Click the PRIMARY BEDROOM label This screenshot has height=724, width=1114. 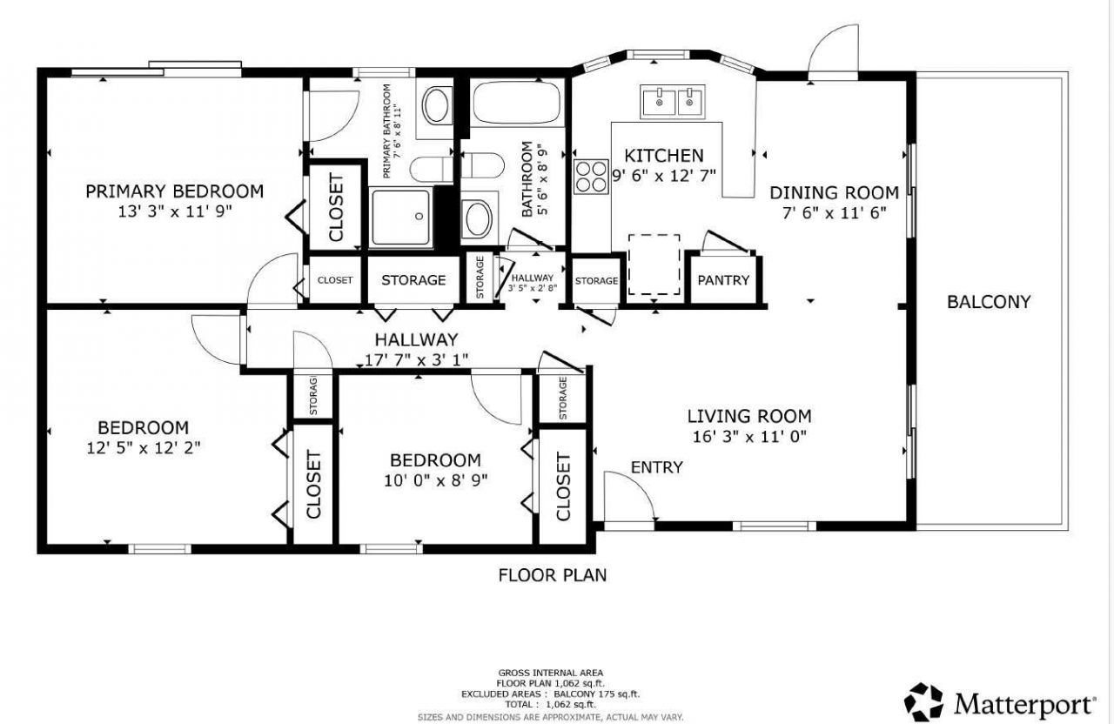pyautogui.click(x=174, y=191)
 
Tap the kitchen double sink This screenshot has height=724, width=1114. pyautogui.click(x=673, y=102)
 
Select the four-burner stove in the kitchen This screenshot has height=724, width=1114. pyautogui.click(x=591, y=177)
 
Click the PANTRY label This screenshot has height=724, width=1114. pyautogui.click(x=723, y=280)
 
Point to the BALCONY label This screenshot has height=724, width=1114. pyautogui.click(x=989, y=302)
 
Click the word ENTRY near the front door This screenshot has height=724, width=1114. pyautogui.click(x=656, y=467)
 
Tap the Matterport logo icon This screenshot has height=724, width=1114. pyautogui.click(x=924, y=702)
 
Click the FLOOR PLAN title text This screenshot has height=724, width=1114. pyautogui.click(x=552, y=575)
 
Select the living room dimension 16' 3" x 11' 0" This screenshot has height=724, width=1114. pyautogui.click(x=749, y=437)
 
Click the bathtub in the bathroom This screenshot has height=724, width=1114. pyautogui.click(x=516, y=104)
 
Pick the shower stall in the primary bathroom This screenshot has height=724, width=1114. pyautogui.click(x=400, y=217)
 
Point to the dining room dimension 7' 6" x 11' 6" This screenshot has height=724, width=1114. pyautogui.click(x=833, y=212)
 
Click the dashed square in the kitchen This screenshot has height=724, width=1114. pyautogui.click(x=654, y=264)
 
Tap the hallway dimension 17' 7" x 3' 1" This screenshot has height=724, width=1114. pyautogui.click(x=416, y=359)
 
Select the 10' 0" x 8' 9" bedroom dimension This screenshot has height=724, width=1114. pyautogui.click(x=435, y=479)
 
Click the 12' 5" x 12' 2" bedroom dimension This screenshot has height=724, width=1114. pyautogui.click(x=144, y=448)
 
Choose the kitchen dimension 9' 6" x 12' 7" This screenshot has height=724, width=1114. pyautogui.click(x=664, y=176)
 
